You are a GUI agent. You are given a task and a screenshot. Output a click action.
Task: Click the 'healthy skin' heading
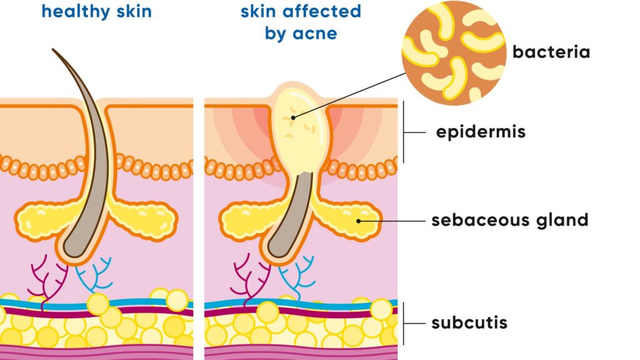97,11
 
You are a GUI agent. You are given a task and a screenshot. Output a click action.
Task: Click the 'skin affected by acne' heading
301,21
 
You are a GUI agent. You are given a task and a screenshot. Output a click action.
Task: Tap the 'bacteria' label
551,52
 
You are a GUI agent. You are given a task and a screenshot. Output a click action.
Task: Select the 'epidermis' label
481,132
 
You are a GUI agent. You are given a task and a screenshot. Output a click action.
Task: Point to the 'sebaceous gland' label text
509,221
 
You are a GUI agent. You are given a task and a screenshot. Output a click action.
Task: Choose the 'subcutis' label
469,323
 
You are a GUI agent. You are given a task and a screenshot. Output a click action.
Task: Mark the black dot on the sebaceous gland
359,220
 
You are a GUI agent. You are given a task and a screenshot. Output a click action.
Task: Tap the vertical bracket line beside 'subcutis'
403,323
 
